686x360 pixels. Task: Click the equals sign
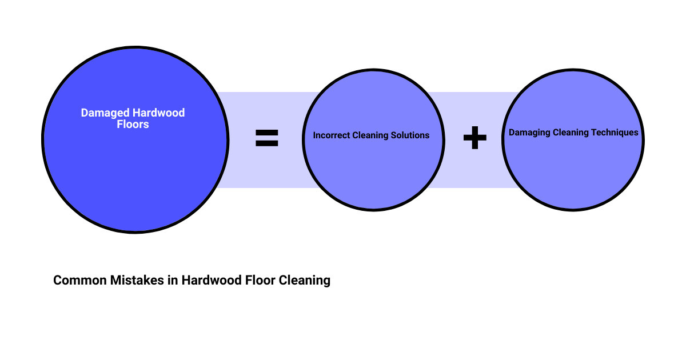pyautogui.click(x=266, y=138)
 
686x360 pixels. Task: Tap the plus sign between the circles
pyautogui.click(x=474, y=138)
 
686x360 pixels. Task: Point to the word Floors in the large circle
pyautogui.click(x=133, y=124)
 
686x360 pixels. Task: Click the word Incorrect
pyautogui.click(x=332, y=135)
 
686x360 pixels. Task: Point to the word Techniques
pyautogui.click(x=615, y=133)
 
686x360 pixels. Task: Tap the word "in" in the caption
pyautogui.click(x=173, y=281)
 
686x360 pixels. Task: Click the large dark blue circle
pyautogui.click(x=135, y=171)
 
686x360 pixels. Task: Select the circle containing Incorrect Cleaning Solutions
pyautogui.click(x=373, y=171)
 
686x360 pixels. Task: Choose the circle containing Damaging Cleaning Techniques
pyautogui.click(x=573, y=171)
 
